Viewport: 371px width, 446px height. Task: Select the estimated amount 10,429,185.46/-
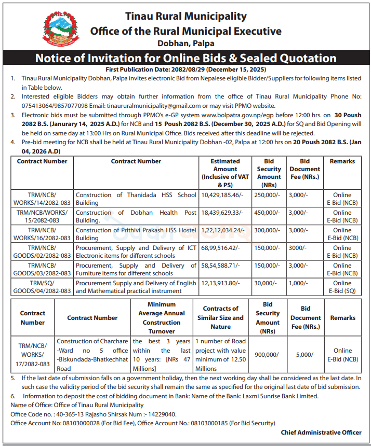click(222, 195)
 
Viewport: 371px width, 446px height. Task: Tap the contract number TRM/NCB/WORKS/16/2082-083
click(43, 234)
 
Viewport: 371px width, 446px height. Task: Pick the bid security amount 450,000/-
click(268, 213)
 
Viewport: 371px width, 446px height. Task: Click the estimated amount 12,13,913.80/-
click(221, 283)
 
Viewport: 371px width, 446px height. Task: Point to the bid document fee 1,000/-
click(298, 283)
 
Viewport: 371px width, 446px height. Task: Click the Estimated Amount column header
click(225, 173)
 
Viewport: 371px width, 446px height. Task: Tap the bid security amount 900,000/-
click(267, 354)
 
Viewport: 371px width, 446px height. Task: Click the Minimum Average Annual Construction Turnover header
click(161, 318)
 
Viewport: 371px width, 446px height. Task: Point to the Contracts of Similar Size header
click(220, 317)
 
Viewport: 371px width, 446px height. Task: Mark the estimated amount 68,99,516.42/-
click(221, 248)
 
